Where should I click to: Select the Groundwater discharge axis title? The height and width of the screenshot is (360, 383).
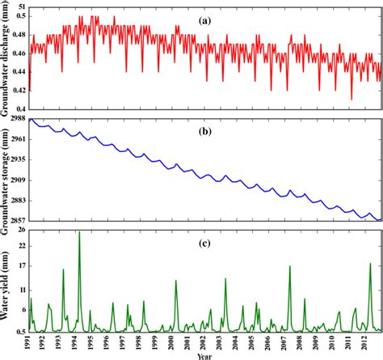(x=6, y=61)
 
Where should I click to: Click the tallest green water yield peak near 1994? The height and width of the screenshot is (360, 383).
(x=79, y=233)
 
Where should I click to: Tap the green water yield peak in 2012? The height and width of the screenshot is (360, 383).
(x=370, y=265)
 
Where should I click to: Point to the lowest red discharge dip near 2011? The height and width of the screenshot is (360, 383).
(x=351, y=99)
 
